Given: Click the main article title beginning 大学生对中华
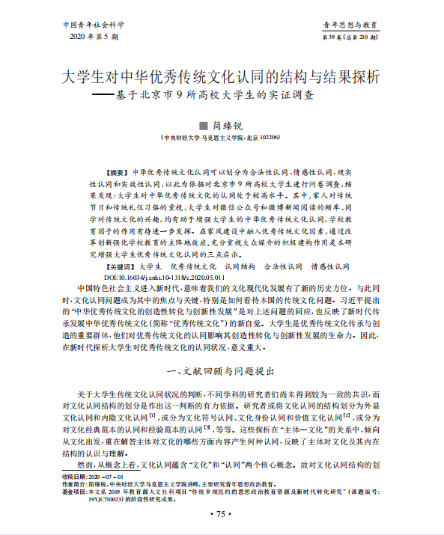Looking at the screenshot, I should tap(221, 77).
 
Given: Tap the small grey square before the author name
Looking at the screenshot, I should tap(201, 125).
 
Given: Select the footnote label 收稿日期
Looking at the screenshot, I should tap(76, 476).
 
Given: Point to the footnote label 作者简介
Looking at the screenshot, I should tap(76, 484).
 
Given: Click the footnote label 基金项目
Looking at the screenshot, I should tap(76, 492).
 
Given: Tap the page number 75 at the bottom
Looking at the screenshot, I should tap(221, 514).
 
